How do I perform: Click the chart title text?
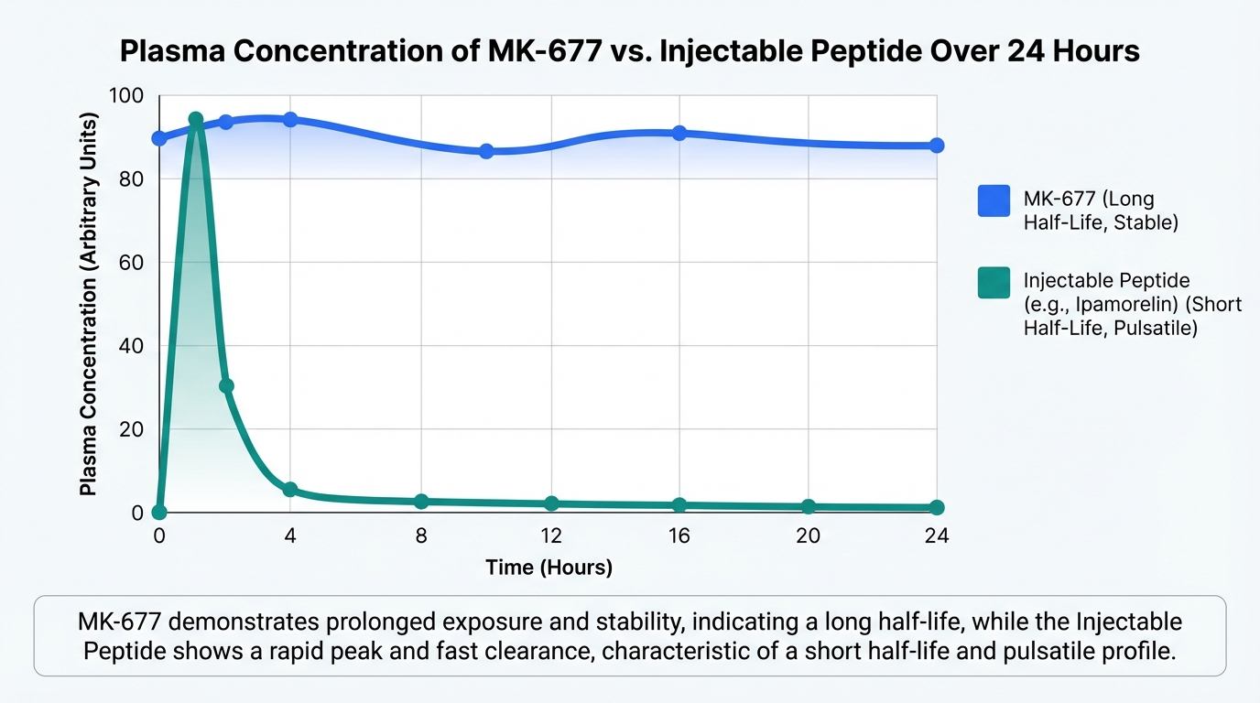coord(630,50)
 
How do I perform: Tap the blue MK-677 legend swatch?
coord(994,200)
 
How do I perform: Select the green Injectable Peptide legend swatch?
coord(994,283)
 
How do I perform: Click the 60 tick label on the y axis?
coord(131,263)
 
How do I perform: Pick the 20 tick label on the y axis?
coord(131,429)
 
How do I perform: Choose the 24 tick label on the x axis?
coord(936,536)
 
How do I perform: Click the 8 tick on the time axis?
coord(420,536)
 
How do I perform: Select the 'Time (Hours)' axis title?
coord(549,568)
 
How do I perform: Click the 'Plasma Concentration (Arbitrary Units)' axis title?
coord(88,304)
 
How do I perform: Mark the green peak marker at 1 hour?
coord(195,120)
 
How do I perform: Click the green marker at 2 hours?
coord(226,385)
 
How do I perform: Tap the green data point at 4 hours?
coord(290,490)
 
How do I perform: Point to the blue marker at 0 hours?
coord(159,138)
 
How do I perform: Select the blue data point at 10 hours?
coord(486,151)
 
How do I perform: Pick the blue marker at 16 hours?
coord(679,133)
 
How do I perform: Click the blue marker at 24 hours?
coord(936,146)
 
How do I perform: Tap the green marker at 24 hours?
coord(936,507)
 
